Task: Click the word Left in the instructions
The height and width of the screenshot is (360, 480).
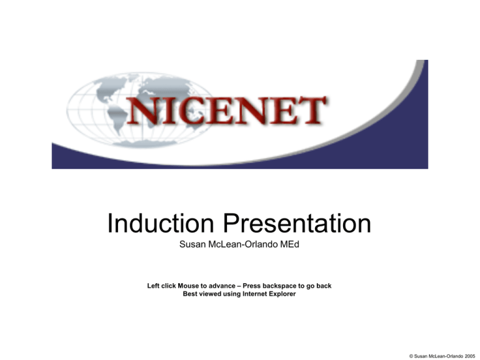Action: pos(154,286)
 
